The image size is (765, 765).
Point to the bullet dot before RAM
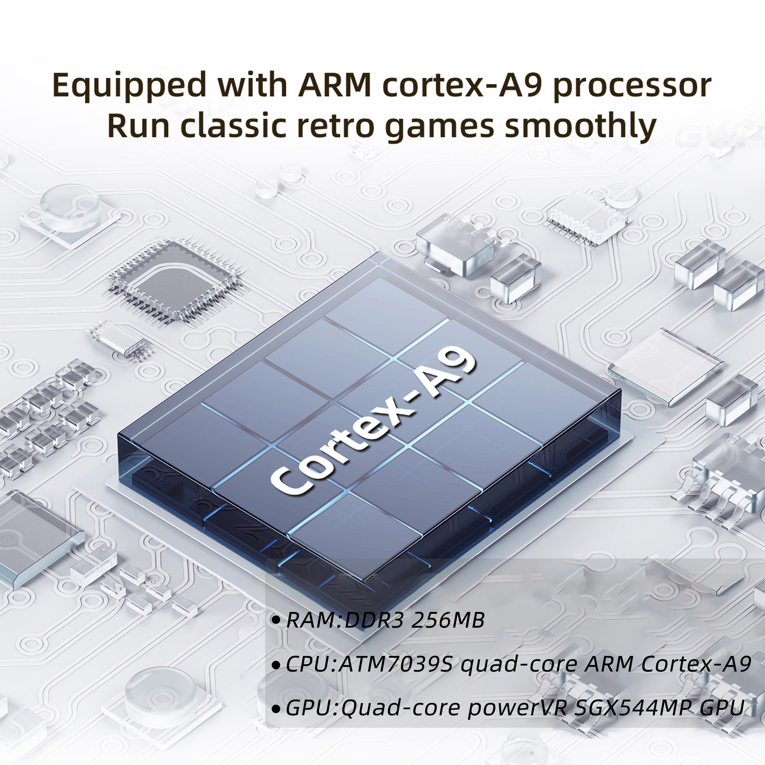click(x=276, y=620)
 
